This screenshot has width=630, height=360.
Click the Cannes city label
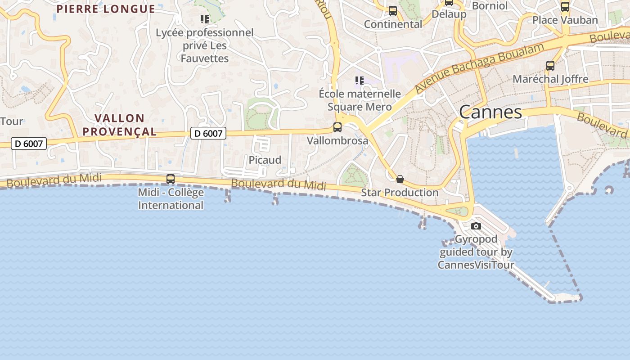pyautogui.click(x=490, y=112)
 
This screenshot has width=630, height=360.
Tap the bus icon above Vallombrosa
pyautogui.click(x=337, y=127)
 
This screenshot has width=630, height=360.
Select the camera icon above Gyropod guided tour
pyautogui.click(x=476, y=226)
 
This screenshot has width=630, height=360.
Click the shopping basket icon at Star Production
pyautogui.click(x=400, y=179)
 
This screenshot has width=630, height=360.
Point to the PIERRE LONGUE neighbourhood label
pyautogui.click(x=106, y=9)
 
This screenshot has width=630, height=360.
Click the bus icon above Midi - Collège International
pyautogui.click(x=171, y=179)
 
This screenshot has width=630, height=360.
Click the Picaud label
pyautogui.click(x=265, y=160)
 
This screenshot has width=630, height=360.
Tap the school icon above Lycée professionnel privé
pyautogui.click(x=205, y=19)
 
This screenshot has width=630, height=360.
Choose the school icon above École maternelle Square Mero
pyautogui.click(x=359, y=81)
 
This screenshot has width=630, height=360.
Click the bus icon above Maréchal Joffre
pyautogui.click(x=550, y=66)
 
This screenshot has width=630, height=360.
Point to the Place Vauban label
pyautogui.click(x=565, y=20)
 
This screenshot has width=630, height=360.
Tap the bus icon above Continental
pyautogui.click(x=393, y=11)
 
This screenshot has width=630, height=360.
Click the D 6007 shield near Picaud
pyautogui.click(x=208, y=133)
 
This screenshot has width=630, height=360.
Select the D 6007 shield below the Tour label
pyautogui.click(x=29, y=144)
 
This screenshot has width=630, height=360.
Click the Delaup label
pyautogui.click(x=449, y=14)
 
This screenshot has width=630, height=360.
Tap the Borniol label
pyautogui.click(x=490, y=6)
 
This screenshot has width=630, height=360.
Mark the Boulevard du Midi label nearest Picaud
pyautogui.click(x=279, y=184)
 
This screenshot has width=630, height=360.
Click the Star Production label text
pyautogui.click(x=400, y=193)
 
